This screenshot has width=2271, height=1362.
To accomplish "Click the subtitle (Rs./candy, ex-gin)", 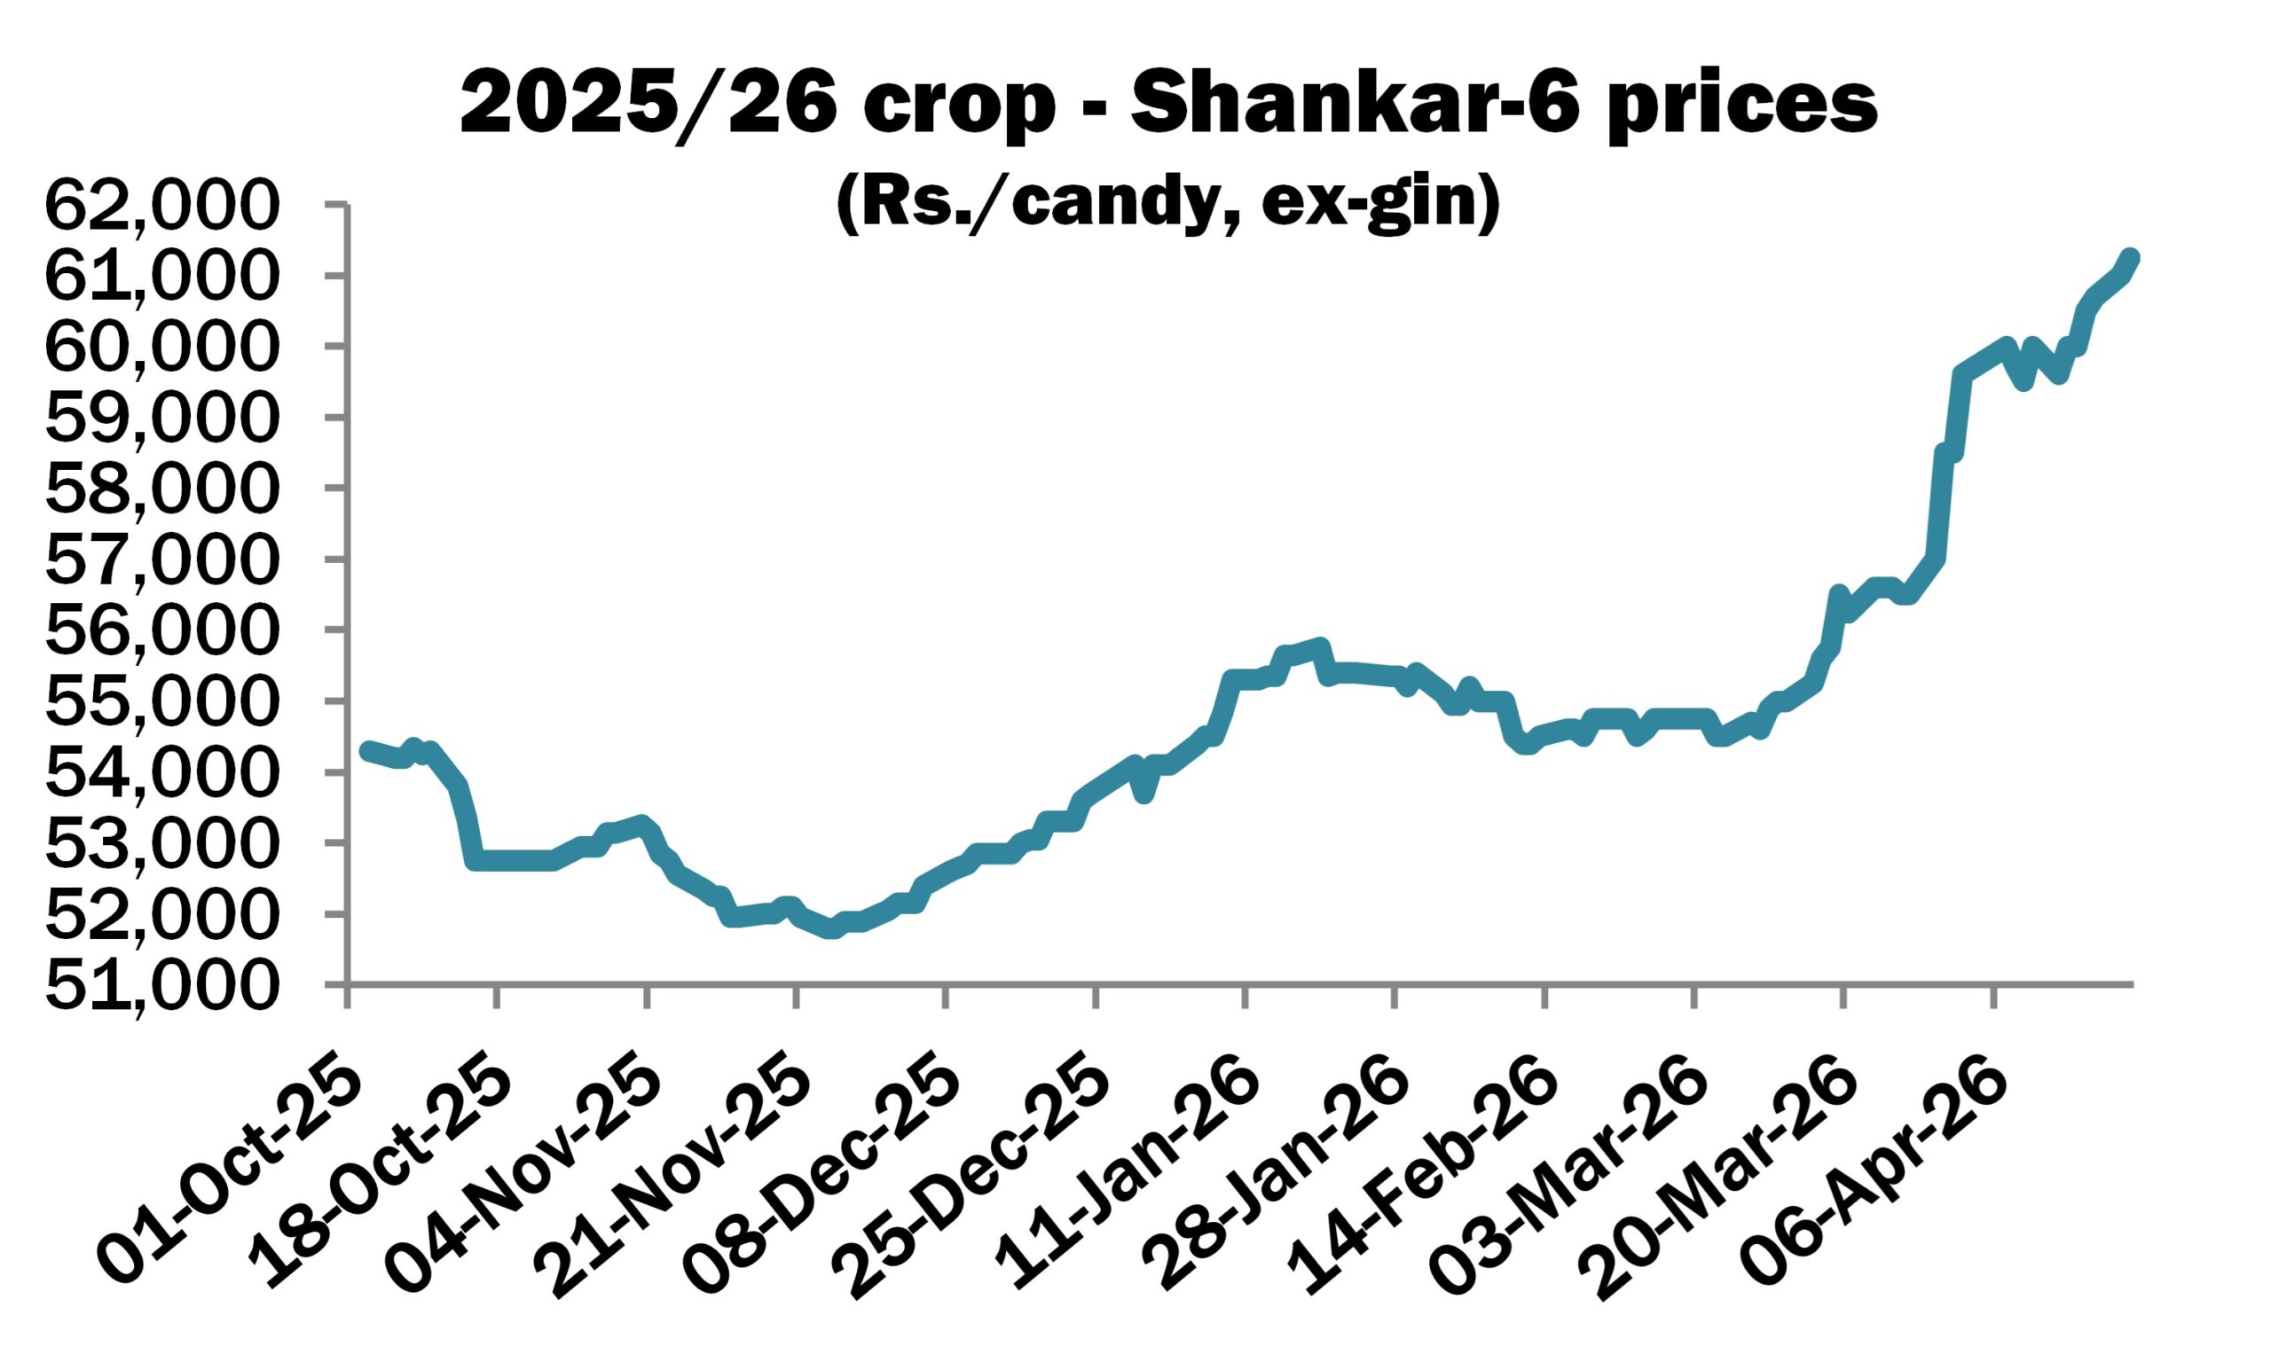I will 1167,204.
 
